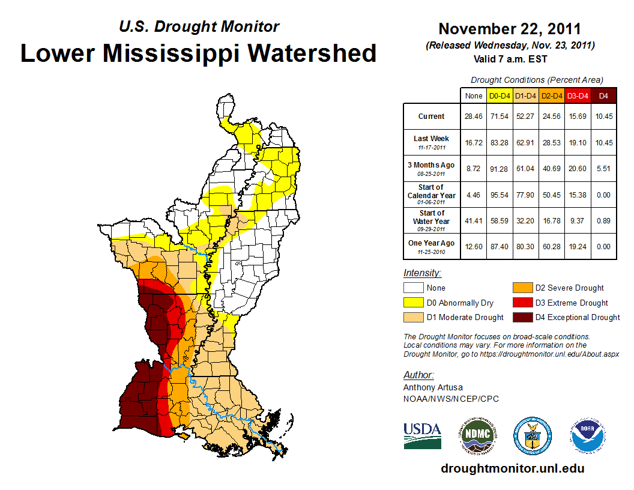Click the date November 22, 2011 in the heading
click(510, 29)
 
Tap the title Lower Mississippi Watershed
click(198, 53)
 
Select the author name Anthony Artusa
click(433, 387)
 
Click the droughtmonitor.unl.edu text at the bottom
click(512, 468)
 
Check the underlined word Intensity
click(422, 273)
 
